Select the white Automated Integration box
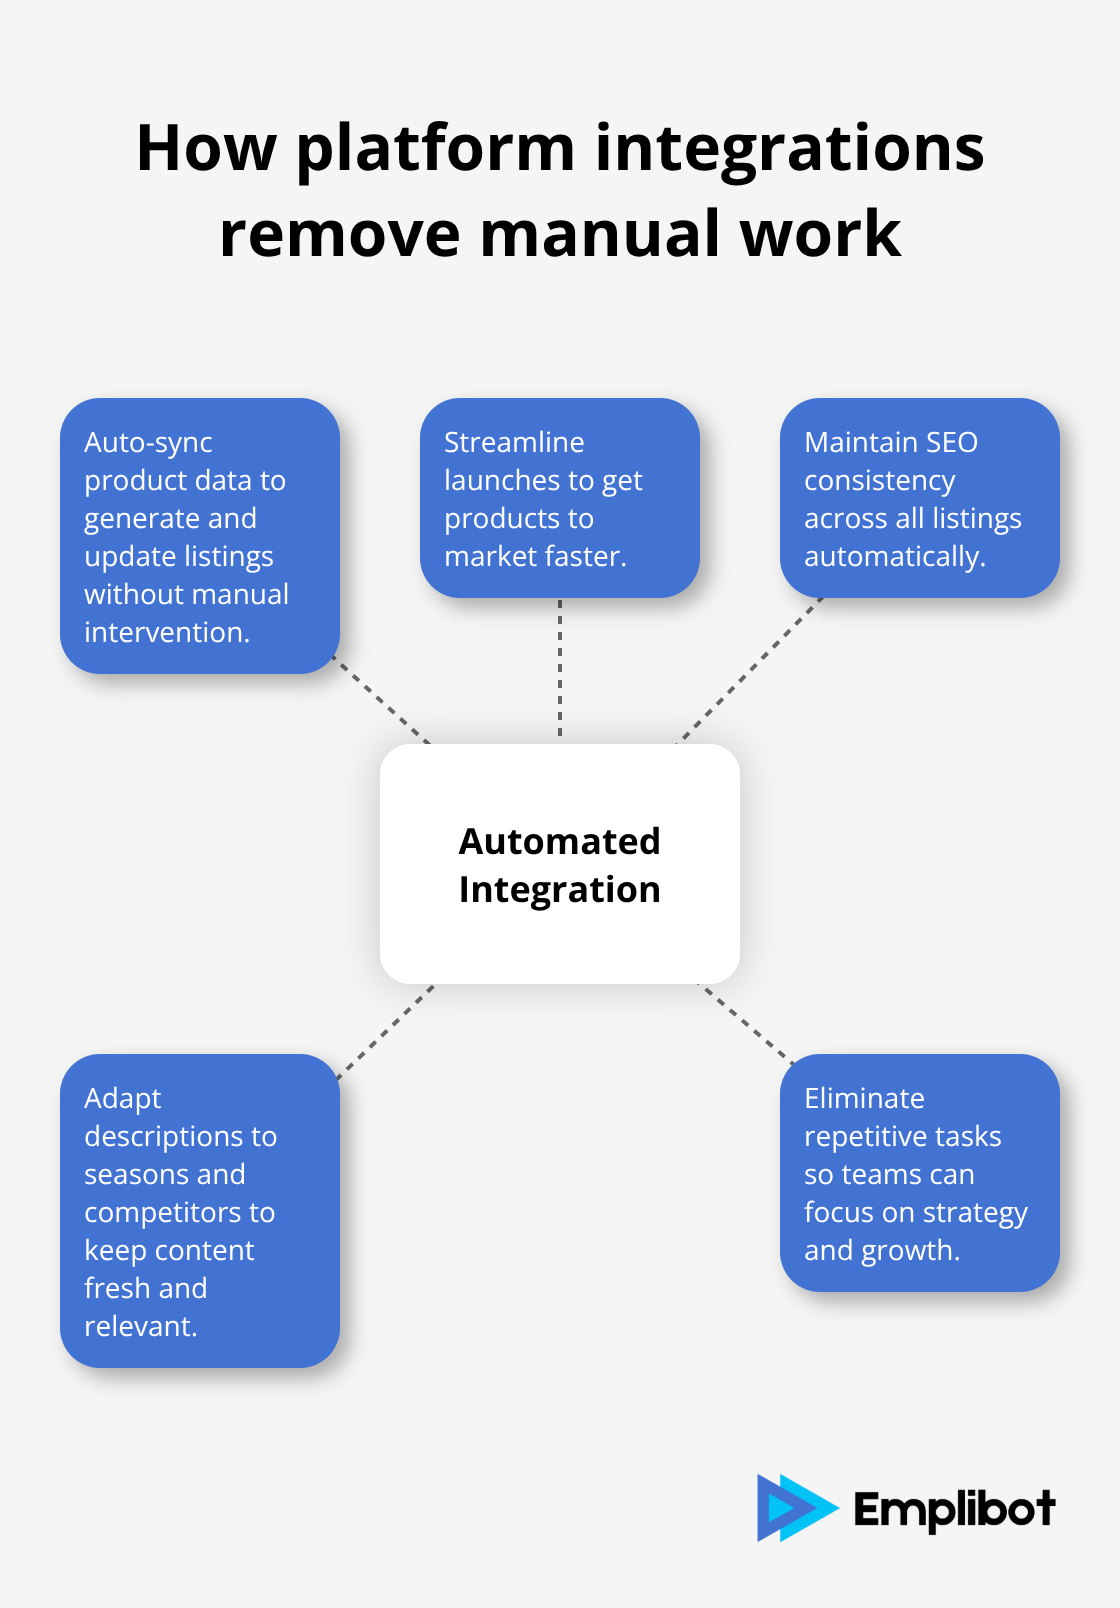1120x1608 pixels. pyautogui.click(x=560, y=864)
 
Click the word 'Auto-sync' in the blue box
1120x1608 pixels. pyautogui.click(x=148, y=443)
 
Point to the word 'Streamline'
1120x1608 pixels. pyautogui.click(x=514, y=442)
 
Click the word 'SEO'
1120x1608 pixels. pyautogui.click(x=951, y=442)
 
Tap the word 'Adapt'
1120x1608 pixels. pyautogui.click(x=122, y=1098)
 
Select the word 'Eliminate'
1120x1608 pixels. pyautogui.click(x=864, y=1098)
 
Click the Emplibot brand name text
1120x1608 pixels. pyautogui.click(x=954, y=1509)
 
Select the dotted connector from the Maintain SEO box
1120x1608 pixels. pyautogui.click(x=750, y=670)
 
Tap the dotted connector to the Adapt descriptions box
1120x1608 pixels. pyautogui.click(x=386, y=1032)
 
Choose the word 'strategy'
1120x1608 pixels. pyautogui.click(x=975, y=1213)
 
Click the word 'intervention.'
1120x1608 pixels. pyautogui.click(x=167, y=633)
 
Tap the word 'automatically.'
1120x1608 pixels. pyautogui.click(x=895, y=557)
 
